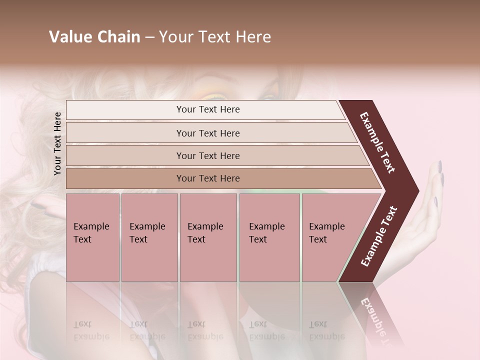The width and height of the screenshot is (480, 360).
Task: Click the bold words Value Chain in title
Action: [94, 37]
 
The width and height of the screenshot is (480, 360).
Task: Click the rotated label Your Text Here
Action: [57, 143]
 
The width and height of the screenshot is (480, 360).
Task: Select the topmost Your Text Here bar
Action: [207, 109]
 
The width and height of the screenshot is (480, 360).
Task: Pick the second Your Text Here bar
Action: [207, 133]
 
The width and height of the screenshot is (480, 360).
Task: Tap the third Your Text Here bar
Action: [207, 155]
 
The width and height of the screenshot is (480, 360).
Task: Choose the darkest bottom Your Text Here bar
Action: [207, 178]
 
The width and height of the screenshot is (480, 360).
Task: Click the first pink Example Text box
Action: [92, 237]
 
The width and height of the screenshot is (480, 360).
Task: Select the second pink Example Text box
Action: [149, 237]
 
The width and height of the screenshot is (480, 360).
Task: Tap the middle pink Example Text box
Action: [208, 237]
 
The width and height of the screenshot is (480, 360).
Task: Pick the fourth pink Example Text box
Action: [269, 237]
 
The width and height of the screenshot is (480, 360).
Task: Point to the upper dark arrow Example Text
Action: [378, 142]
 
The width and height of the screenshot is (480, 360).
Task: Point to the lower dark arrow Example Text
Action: [379, 236]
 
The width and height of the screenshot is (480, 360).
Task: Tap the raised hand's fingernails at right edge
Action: [439, 170]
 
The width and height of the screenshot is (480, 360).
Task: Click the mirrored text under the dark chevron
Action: [374, 315]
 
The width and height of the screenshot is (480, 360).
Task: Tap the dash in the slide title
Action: [149, 37]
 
